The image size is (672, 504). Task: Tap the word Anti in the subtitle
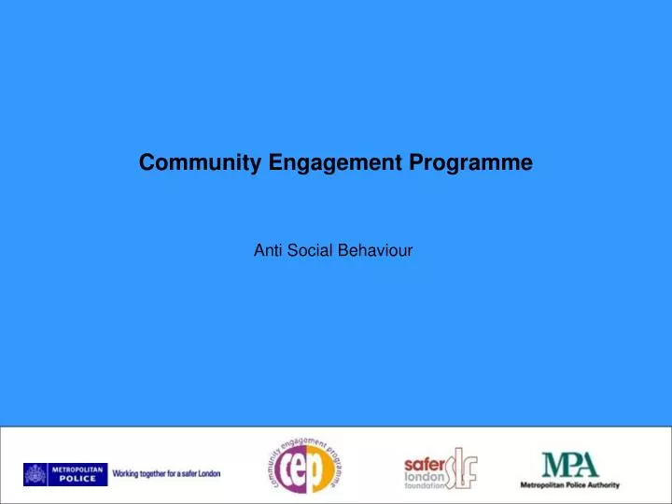(x=267, y=250)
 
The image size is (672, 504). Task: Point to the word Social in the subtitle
(x=309, y=250)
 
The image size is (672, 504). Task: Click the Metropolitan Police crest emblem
(x=35, y=473)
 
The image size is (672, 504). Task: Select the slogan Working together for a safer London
(x=166, y=474)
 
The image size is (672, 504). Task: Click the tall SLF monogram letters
(x=463, y=469)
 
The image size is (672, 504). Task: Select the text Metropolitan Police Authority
(x=569, y=485)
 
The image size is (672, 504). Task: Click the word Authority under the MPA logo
(x=601, y=485)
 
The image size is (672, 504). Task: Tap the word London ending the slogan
(x=207, y=474)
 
